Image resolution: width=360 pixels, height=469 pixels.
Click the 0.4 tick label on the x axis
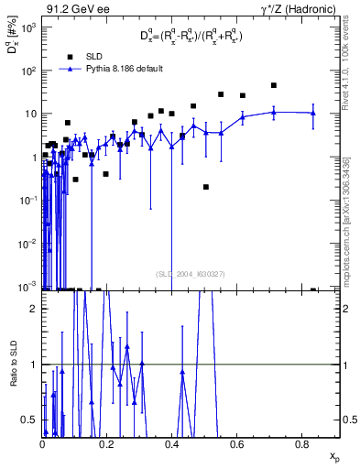[x=172, y=444]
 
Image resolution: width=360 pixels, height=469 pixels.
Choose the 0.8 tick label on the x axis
[x=302, y=444]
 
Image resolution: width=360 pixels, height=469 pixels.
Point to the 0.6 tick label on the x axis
[x=237, y=444]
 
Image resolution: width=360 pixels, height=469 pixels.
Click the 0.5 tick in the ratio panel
[x=31, y=420]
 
